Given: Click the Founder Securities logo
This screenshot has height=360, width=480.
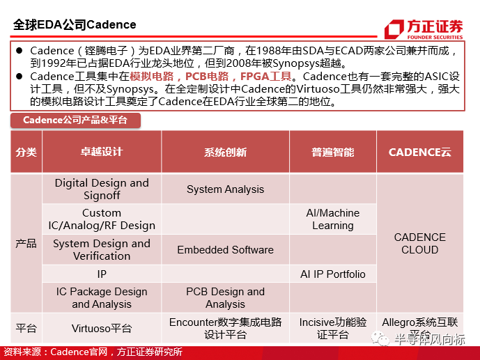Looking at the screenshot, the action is click(424, 29).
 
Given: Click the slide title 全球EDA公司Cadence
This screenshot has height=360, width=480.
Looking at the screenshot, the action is click(75, 25).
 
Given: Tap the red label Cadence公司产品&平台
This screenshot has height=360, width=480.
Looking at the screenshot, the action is click(75, 120).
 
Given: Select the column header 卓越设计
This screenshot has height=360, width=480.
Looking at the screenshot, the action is click(102, 152).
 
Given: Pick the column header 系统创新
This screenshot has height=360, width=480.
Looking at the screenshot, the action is click(225, 152).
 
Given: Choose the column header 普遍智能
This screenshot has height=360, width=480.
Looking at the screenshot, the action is click(333, 152).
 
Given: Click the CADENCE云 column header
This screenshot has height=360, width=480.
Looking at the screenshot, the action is click(419, 152).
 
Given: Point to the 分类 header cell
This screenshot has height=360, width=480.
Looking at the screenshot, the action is click(26, 152).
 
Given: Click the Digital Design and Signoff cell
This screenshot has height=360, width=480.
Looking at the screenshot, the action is click(102, 189).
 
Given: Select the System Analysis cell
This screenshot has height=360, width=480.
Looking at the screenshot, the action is click(225, 189).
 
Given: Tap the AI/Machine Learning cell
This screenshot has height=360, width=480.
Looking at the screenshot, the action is click(333, 219).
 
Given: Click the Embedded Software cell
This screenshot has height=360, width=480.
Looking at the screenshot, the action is click(225, 249).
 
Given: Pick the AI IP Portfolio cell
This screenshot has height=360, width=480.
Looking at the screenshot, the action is click(333, 274).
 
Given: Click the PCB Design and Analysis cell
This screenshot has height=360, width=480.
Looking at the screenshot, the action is click(225, 297).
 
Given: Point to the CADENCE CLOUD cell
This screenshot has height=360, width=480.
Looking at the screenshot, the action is click(419, 243).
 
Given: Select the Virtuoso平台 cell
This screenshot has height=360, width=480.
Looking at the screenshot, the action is click(102, 328).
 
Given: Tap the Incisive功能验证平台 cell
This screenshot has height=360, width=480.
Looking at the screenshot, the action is click(333, 328).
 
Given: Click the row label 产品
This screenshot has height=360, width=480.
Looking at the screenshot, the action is click(26, 243).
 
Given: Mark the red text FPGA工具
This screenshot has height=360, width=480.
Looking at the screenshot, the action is click(265, 76).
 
